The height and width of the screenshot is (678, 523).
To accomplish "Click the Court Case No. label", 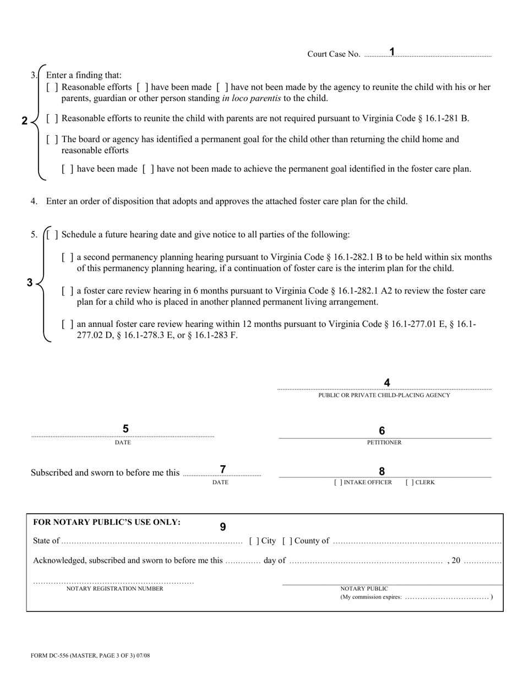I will [x=334, y=54].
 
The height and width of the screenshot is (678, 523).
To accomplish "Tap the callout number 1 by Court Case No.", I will [x=392, y=52].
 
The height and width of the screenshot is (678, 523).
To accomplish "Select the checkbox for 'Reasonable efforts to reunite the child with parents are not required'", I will [x=52, y=119].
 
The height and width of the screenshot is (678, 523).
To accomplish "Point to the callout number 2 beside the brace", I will [x=24, y=121].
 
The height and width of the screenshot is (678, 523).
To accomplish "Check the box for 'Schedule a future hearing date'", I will [x=52, y=235].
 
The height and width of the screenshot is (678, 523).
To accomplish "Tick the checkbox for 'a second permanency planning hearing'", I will [x=68, y=257].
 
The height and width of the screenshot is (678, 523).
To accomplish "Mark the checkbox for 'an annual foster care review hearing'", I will [x=68, y=325].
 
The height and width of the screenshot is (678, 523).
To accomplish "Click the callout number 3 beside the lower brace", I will [x=30, y=283].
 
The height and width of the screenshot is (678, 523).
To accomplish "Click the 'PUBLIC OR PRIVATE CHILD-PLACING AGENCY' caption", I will [x=384, y=395].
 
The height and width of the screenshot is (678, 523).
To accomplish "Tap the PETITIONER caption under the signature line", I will [x=384, y=442].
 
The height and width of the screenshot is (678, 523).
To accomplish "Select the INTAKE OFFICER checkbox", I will [x=339, y=482].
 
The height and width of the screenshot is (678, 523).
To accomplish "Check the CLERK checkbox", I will [x=410, y=482].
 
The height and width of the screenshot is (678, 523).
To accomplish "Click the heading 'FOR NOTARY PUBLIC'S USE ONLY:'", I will [x=107, y=522].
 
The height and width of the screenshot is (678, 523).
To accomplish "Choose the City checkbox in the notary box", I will [x=254, y=541].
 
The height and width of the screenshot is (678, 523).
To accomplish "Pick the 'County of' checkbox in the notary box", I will [x=287, y=541].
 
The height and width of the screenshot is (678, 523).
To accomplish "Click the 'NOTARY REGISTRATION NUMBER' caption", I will [x=115, y=589].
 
